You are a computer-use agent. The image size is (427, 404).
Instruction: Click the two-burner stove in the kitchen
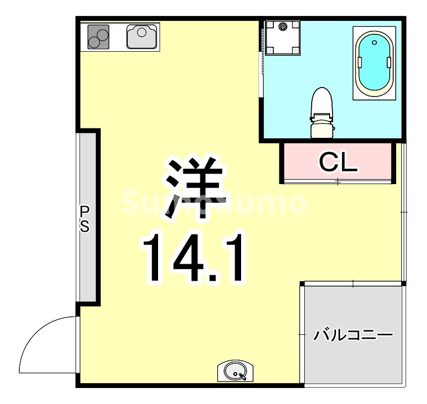click(98, 36)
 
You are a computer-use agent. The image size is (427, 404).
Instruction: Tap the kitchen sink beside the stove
click(142, 36)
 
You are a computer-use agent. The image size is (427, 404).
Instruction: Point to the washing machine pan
click(282, 37)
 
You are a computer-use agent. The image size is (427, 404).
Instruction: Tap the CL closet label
click(338, 162)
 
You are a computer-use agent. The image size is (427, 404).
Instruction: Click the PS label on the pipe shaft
click(85, 219)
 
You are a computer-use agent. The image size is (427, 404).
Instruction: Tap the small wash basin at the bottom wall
click(235, 371)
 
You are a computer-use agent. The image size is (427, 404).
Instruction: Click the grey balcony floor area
click(353, 358)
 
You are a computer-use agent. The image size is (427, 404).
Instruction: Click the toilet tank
click(321, 128)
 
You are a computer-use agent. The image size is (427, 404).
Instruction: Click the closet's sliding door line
click(338, 182)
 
